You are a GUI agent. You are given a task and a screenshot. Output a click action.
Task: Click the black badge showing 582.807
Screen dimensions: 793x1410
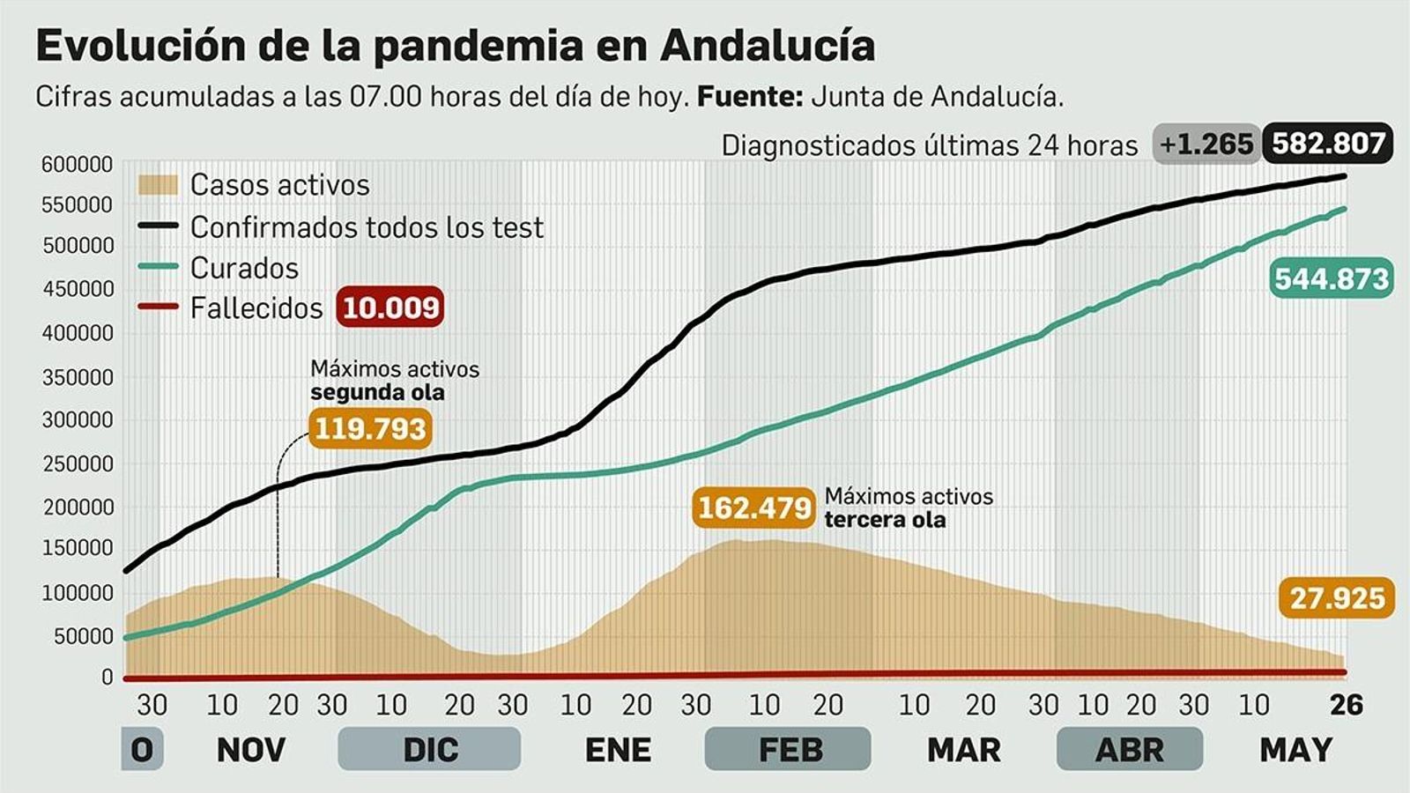pyautogui.click(x=1328, y=143)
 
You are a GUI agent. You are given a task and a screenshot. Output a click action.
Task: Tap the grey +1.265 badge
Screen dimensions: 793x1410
pyautogui.click(x=1206, y=144)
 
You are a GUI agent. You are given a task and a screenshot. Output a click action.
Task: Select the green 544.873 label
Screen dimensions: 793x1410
pyautogui.click(x=1332, y=278)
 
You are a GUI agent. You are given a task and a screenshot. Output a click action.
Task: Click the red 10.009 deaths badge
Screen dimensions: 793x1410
pyautogui.click(x=390, y=308)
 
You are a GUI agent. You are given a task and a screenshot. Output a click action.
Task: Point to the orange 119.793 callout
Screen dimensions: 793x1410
pyautogui.click(x=370, y=429)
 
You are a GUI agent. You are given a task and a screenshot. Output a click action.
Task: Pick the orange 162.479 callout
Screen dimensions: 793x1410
pyautogui.click(x=754, y=508)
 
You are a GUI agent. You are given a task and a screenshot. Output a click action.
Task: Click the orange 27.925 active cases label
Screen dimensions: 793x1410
pyautogui.click(x=1337, y=598)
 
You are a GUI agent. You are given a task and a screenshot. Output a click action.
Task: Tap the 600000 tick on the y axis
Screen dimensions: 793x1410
pyautogui.click(x=78, y=165)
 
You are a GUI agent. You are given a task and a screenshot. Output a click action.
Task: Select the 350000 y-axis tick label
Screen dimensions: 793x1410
pyautogui.click(x=78, y=377)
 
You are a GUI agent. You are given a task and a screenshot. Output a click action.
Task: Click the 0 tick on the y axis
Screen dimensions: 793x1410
pyautogui.click(x=108, y=677)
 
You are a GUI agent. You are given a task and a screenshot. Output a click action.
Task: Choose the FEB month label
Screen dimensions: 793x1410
pyautogui.click(x=790, y=750)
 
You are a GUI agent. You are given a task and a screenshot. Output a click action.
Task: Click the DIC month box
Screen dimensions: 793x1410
pyautogui.click(x=430, y=750)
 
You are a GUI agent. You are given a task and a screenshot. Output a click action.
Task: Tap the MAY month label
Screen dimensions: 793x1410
pyautogui.click(x=1295, y=750)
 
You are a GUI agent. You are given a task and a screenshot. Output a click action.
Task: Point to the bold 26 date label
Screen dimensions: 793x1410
pyautogui.click(x=1346, y=705)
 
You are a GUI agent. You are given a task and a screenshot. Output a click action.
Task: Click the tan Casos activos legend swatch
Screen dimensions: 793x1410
pyautogui.click(x=159, y=185)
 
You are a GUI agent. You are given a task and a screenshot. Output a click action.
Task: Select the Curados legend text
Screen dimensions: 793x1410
pyautogui.click(x=244, y=268)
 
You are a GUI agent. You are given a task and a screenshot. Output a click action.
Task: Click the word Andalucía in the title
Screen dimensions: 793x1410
pyautogui.click(x=767, y=46)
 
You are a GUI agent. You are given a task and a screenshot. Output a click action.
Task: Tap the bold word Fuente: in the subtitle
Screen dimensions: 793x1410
pyautogui.click(x=750, y=96)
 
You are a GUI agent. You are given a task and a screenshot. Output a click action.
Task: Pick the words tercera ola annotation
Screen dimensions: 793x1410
pyautogui.click(x=885, y=520)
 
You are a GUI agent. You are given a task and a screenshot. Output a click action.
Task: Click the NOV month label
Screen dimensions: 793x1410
pyautogui.click(x=251, y=750)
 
